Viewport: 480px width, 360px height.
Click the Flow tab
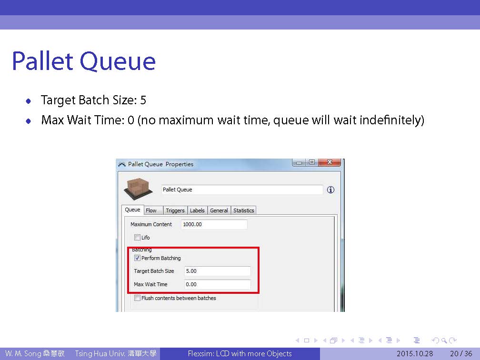(x=152, y=210)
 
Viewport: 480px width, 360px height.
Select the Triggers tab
(x=175, y=210)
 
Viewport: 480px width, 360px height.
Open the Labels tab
(x=197, y=210)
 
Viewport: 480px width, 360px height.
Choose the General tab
(x=219, y=210)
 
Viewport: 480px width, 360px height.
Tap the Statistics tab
(x=244, y=210)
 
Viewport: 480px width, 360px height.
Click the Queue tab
(x=132, y=210)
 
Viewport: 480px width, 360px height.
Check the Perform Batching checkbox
(x=138, y=258)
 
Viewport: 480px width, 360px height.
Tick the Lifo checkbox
(x=138, y=238)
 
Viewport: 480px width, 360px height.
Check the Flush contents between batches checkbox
(x=138, y=298)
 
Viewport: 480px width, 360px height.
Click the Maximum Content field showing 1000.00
(x=214, y=224)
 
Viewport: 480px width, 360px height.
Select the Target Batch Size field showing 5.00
(x=217, y=271)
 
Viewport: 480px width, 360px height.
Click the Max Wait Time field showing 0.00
(x=217, y=284)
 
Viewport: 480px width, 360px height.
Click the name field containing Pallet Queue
(x=242, y=190)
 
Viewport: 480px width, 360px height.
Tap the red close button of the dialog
(x=330, y=162)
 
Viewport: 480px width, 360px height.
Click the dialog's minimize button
(x=299, y=162)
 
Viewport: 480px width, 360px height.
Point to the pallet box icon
(x=139, y=189)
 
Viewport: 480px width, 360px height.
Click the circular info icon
(x=330, y=190)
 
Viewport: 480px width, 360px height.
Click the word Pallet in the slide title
(x=42, y=61)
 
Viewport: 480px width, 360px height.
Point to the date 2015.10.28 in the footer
(x=415, y=354)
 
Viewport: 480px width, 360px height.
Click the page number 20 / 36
(x=461, y=354)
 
